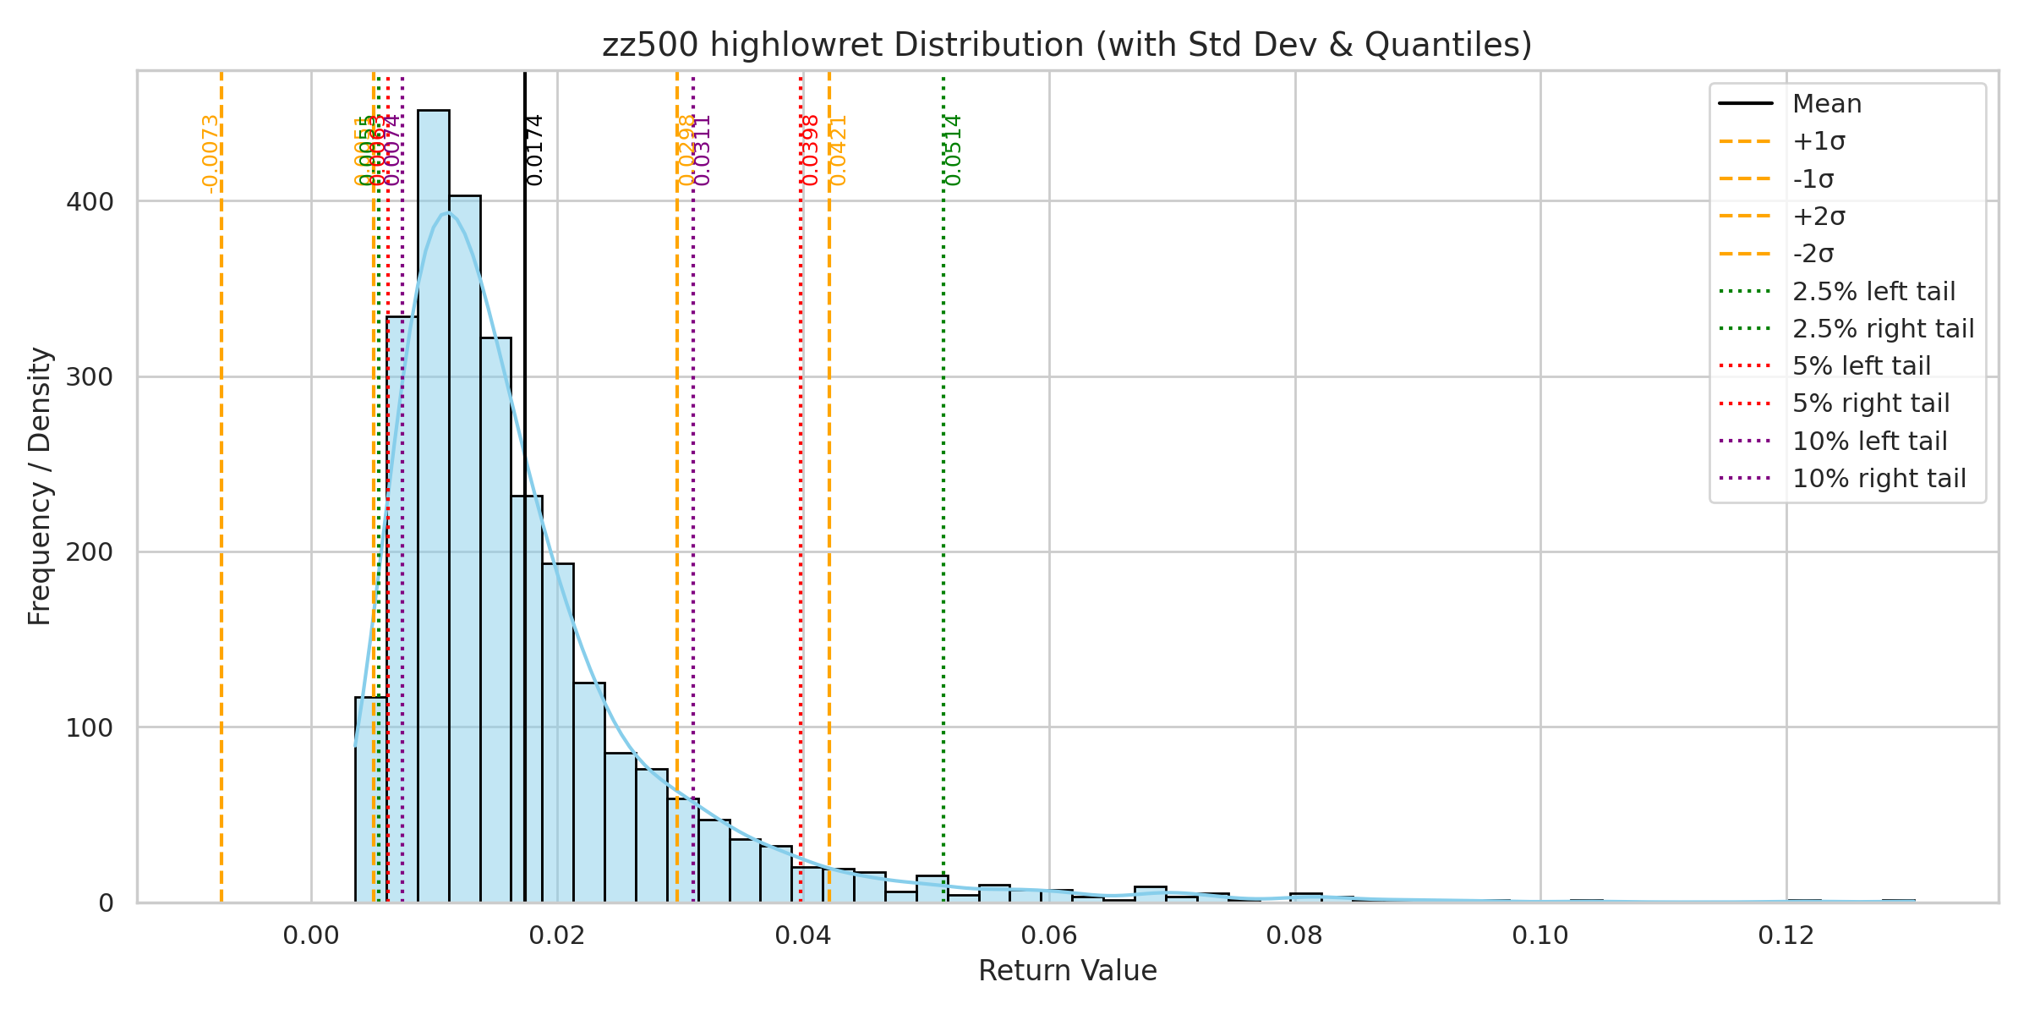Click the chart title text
pos(1067,45)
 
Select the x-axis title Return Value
pos(1067,971)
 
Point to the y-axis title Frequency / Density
pos(41,486)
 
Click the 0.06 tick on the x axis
pos(1048,935)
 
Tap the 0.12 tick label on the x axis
pos(1786,935)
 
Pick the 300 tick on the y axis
pos(90,376)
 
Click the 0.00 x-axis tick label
pos(311,935)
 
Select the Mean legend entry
pos(1827,104)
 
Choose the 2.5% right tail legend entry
pos(1883,328)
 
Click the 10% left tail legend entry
pos(1869,441)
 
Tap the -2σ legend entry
pos(1813,254)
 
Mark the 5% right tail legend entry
pos(1871,403)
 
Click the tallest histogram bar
pos(434,507)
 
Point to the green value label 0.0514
pos(954,150)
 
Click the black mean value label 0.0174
pos(534,150)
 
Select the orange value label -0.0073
pos(211,154)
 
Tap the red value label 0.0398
pos(811,150)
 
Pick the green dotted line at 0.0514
pos(943,507)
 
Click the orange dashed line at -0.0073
pos(221,507)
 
